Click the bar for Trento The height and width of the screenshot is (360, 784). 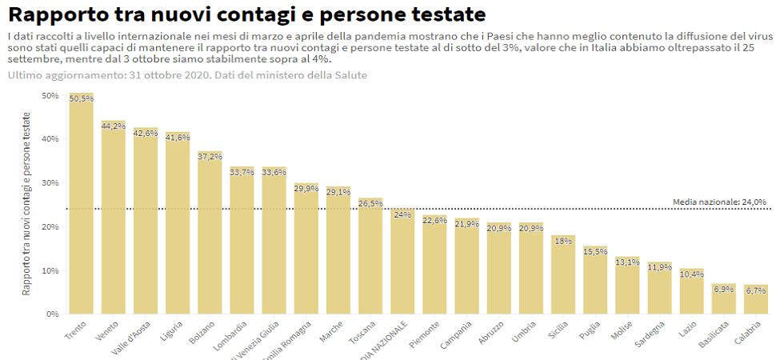coord(81,208)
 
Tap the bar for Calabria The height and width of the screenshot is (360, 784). coord(755,299)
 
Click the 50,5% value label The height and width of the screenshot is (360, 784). coord(81,98)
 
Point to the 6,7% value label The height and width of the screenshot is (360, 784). coord(755,290)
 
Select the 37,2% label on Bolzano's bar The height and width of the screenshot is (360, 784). coord(210,157)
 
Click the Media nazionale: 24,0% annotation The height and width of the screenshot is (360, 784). coord(719,202)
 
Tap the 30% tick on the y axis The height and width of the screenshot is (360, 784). coord(50,182)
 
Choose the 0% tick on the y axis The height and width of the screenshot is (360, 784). coord(53,314)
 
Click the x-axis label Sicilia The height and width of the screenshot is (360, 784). coord(557,330)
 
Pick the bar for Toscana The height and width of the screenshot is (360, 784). coord(370,256)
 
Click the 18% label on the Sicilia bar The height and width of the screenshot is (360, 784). coord(562,241)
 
